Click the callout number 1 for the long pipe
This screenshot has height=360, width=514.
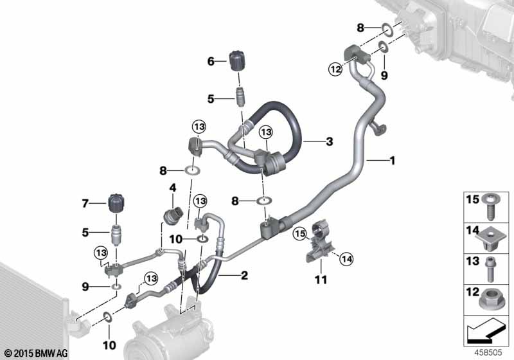click(x=392, y=161)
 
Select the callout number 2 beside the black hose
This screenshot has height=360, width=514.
click(x=244, y=275)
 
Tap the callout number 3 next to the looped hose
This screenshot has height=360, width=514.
click(x=329, y=141)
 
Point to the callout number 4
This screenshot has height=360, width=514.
click(x=172, y=188)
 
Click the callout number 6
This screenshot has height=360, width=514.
click(x=211, y=61)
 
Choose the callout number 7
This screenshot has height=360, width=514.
click(x=85, y=204)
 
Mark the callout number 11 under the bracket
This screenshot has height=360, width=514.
click(x=321, y=280)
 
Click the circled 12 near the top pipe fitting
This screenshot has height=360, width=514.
click(x=335, y=69)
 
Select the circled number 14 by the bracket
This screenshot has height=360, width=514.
click(x=347, y=259)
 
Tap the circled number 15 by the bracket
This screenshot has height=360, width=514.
click(x=300, y=233)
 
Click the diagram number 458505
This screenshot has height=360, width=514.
click(x=488, y=352)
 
